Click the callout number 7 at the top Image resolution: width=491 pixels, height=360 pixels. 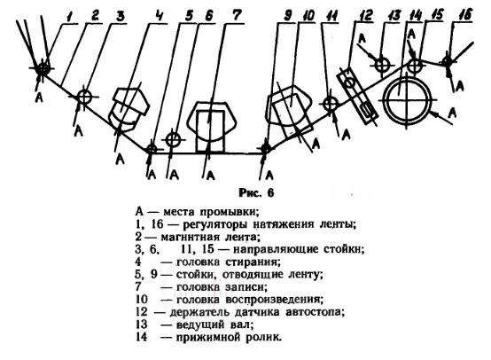point(238,15)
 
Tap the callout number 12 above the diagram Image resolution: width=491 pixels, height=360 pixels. point(365,15)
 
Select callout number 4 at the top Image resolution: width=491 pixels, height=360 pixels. point(160,15)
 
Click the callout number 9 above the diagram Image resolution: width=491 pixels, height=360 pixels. point(287,15)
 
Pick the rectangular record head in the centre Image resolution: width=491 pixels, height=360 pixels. point(210,131)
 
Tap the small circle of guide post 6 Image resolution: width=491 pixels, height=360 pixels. point(173,140)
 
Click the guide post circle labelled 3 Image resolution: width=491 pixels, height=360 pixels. point(84,97)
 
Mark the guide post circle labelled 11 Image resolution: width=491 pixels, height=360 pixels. point(330,104)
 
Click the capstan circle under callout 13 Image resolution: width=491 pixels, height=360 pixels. point(382,65)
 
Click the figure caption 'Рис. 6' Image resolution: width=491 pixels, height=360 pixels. point(256,192)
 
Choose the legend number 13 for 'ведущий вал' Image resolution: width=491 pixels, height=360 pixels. point(142,325)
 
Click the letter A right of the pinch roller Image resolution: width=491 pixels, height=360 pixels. point(452,113)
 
